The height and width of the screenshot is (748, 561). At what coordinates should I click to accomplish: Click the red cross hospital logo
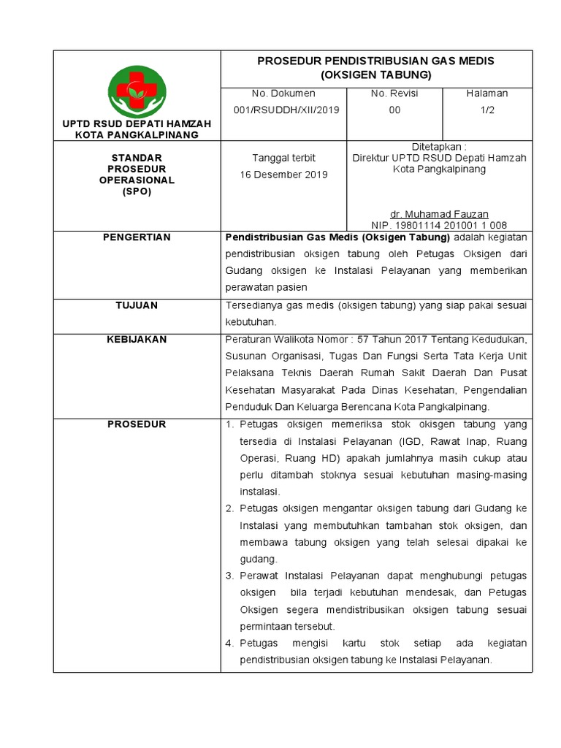tap(137, 91)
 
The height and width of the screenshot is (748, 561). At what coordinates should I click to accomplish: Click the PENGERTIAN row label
tap(137, 237)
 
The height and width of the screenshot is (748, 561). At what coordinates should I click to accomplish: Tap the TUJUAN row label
tap(137, 305)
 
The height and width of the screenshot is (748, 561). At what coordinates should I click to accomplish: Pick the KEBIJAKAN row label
tap(137, 340)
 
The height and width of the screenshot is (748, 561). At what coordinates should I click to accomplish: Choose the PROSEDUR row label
tap(137, 424)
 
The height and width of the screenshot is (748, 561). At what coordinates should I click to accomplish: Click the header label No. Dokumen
tap(283, 93)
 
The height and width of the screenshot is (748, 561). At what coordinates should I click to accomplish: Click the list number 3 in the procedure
tap(229, 576)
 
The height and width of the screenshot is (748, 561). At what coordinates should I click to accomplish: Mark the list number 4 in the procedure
tap(229, 644)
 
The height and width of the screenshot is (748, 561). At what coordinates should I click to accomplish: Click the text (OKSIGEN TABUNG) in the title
tap(376, 75)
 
